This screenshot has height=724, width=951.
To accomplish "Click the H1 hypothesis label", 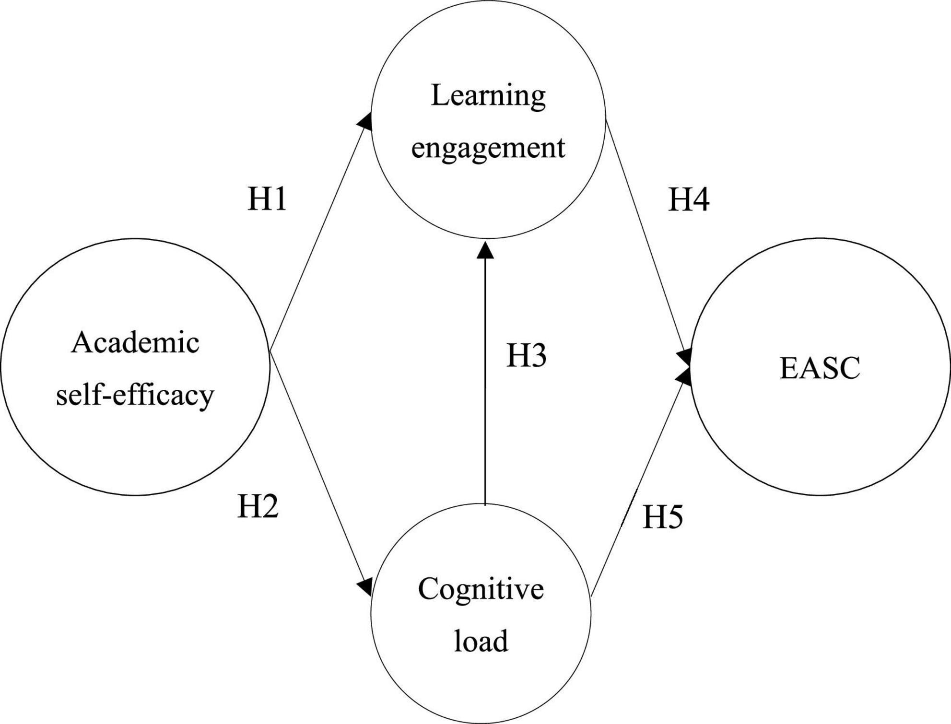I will pyautogui.click(x=267, y=199).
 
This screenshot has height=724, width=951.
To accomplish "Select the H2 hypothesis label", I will pyautogui.click(x=258, y=506).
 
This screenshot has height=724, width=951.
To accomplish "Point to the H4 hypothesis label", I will pyautogui.click(x=689, y=199).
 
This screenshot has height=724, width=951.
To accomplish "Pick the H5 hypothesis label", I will pyautogui.click(x=663, y=517).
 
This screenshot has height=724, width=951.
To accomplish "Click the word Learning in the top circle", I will pyautogui.click(x=488, y=95).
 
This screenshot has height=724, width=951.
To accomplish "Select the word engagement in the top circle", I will pyautogui.click(x=488, y=148).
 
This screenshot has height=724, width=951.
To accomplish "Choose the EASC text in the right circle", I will pyautogui.click(x=820, y=368).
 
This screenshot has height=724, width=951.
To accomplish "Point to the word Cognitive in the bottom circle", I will pyautogui.click(x=481, y=589).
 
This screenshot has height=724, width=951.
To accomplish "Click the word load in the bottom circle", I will pyautogui.click(x=481, y=641).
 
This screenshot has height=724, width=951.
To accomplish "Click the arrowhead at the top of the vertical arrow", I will pyautogui.click(x=485, y=250).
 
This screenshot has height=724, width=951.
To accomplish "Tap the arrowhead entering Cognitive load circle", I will pyautogui.click(x=365, y=586).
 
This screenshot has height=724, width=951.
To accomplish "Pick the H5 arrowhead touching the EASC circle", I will pyautogui.click(x=684, y=376).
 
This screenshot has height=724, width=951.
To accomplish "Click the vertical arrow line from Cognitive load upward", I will pyautogui.click(x=485, y=384).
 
